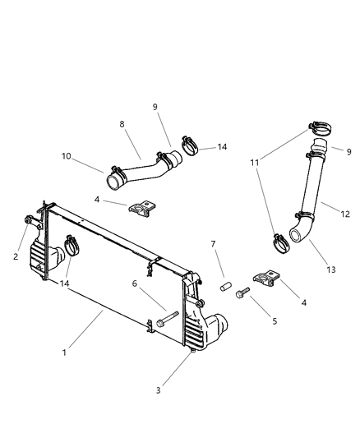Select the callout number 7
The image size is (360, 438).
coord(213,244)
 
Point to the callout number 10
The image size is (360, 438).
coord(66,155)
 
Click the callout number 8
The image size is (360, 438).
coord(122,125)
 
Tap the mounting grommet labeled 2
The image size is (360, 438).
coord(29,220)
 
